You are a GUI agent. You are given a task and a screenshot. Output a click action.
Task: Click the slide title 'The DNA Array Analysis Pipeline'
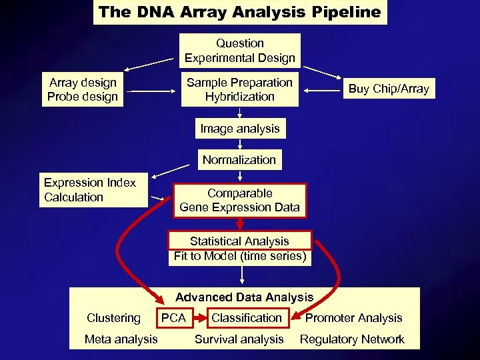(x=240, y=12)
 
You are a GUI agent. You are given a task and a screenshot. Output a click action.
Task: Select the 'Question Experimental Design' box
(x=240, y=51)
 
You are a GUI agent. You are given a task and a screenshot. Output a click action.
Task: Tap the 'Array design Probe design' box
(x=83, y=89)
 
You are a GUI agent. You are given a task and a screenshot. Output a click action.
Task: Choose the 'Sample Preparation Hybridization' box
(x=240, y=89)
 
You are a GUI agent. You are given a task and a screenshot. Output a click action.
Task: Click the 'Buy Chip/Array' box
(x=389, y=89)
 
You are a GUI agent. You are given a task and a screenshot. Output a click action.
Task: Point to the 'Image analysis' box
(x=240, y=128)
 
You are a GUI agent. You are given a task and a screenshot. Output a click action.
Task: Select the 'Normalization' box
(x=239, y=160)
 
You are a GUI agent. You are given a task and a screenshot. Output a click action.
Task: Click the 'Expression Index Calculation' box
(x=92, y=190)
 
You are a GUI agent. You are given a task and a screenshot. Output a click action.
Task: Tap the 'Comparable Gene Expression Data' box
(x=240, y=200)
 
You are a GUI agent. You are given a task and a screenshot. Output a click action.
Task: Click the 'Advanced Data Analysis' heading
(x=244, y=297)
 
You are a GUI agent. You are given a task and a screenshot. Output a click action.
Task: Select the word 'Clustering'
(x=113, y=318)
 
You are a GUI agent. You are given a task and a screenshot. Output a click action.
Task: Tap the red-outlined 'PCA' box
(x=174, y=318)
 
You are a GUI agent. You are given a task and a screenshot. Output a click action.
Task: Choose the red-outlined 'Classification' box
(x=247, y=318)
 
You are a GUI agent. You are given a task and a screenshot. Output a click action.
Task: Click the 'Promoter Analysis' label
(x=353, y=318)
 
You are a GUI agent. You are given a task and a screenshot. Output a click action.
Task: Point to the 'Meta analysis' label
(x=121, y=339)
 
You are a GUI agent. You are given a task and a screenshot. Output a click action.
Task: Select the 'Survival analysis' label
(x=239, y=339)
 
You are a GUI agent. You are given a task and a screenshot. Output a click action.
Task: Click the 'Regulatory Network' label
(x=352, y=339)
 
